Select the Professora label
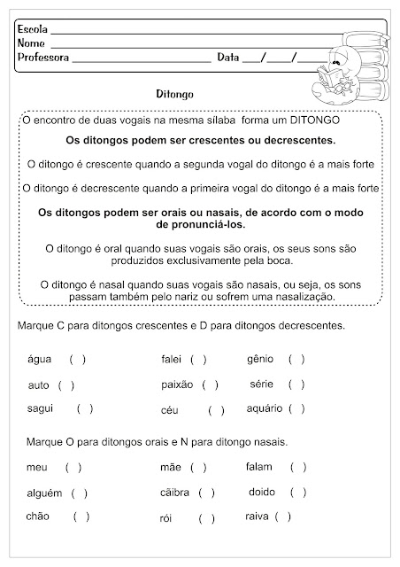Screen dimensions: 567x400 pyautogui.click(x=43, y=58)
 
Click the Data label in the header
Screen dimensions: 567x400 pyautogui.click(x=227, y=58)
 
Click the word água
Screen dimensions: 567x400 pyautogui.click(x=41, y=360)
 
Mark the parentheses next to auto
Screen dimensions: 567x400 pyautogui.click(x=66, y=385)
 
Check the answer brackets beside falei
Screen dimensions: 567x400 pyautogui.click(x=198, y=360)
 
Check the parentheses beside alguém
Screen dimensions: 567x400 pyautogui.click(x=80, y=493)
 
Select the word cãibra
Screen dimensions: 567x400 pyautogui.click(x=175, y=493)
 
